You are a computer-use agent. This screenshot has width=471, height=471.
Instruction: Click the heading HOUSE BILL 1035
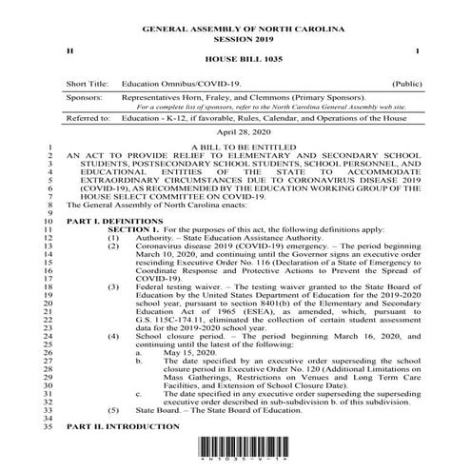pyautogui.click(x=235, y=58)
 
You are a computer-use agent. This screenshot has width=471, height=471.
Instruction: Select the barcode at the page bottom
pyautogui.click(x=235, y=459)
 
